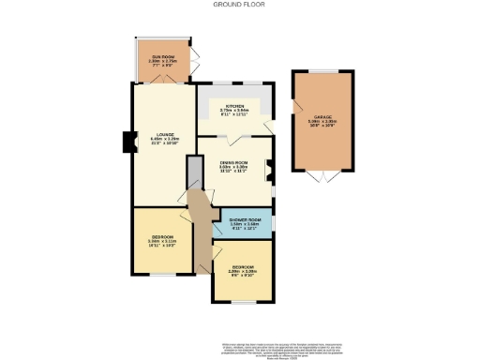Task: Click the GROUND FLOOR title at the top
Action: pyautogui.click(x=239, y=5)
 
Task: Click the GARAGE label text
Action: pyautogui.click(x=322, y=115)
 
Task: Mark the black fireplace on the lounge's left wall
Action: pyautogui.click(x=127, y=142)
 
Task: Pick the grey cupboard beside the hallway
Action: pyautogui.click(x=194, y=172)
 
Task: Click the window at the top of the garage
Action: pyautogui.click(x=322, y=71)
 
